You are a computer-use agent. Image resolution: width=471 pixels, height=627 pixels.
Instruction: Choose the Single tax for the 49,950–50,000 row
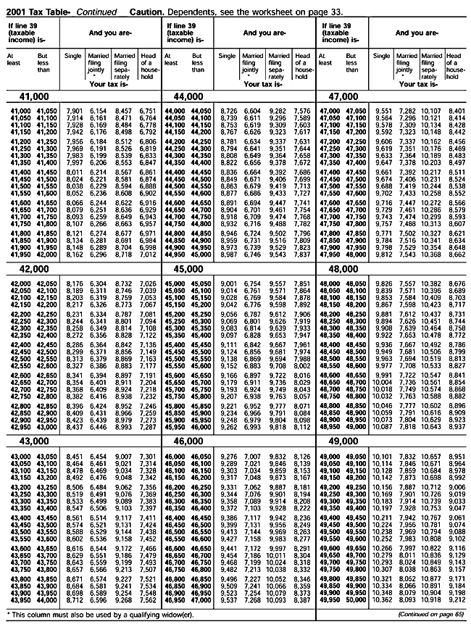(x=384, y=601)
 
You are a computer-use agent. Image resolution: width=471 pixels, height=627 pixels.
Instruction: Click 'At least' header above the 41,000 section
(x=13, y=59)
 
